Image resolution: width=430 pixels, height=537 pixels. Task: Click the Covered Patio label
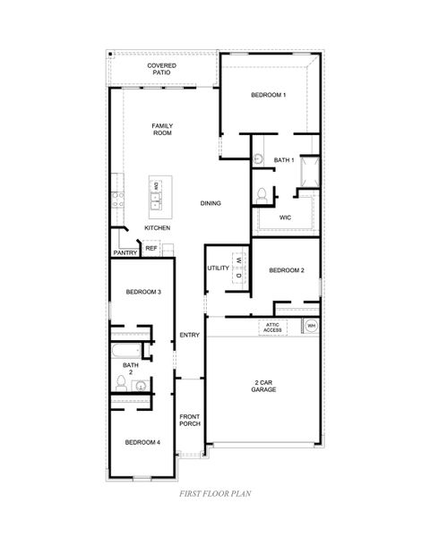click(x=162, y=69)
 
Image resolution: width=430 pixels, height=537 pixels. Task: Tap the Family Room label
click(x=162, y=129)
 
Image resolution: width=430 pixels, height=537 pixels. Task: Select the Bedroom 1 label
click(x=268, y=95)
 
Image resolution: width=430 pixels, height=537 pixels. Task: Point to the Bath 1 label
click(x=284, y=160)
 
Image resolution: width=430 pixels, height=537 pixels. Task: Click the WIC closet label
click(x=285, y=217)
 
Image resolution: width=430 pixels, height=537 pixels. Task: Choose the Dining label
click(x=211, y=203)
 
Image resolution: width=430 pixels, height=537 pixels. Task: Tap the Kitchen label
click(x=157, y=228)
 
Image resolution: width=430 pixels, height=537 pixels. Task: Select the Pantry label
click(x=125, y=253)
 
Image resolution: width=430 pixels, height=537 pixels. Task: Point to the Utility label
click(x=218, y=268)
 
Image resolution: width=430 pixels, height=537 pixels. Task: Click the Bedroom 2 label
click(x=287, y=270)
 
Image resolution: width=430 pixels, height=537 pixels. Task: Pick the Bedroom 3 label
click(x=143, y=292)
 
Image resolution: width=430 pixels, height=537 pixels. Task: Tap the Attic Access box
click(x=273, y=328)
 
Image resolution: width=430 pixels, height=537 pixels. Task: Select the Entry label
click(x=189, y=336)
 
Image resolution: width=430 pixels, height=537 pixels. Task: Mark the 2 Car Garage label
click(x=262, y=386)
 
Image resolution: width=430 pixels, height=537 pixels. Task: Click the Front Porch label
click(x=189, y=420)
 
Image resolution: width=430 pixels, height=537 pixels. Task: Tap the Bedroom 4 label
click(x=142, y=442)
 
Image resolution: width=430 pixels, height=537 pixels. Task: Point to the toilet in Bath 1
click(x=263, y=194)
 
